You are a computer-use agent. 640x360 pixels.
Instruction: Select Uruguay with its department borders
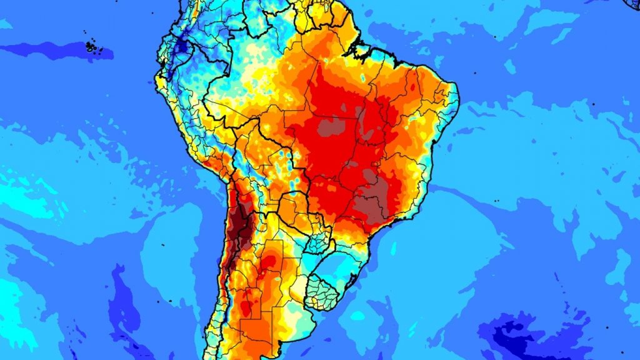coord(329,291)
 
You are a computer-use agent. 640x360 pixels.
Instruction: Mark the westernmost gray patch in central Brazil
coord(329,128)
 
